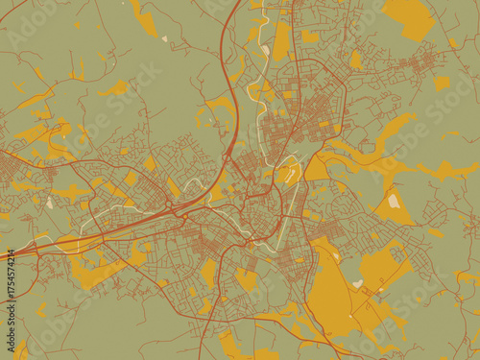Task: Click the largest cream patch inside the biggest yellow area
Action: coord(358,283)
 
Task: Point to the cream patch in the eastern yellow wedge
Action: coord(394,201)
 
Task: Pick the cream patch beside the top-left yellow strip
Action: coord(164,39)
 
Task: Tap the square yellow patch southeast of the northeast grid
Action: coord(442,83)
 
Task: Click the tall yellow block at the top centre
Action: coord(280,40)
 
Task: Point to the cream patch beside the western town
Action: coord(49,203)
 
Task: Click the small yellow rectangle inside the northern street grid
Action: coord(288,96)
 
